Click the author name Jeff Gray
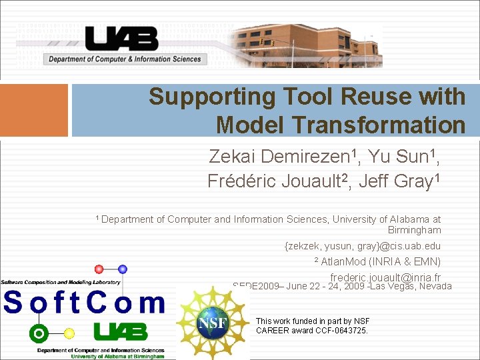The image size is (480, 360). [x=405, y=181]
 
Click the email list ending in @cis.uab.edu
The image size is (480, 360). [x=363, y=246]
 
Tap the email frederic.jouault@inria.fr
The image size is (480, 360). [x=385, y=277]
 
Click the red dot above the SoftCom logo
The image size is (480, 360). [x=99, y=269]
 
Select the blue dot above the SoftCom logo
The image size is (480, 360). [x=123, y=269]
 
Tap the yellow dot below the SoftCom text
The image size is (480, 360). [x=69, y=333]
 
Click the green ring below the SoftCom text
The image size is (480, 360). [x=39, y=333]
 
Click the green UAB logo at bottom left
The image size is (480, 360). [x=121, y=331]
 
